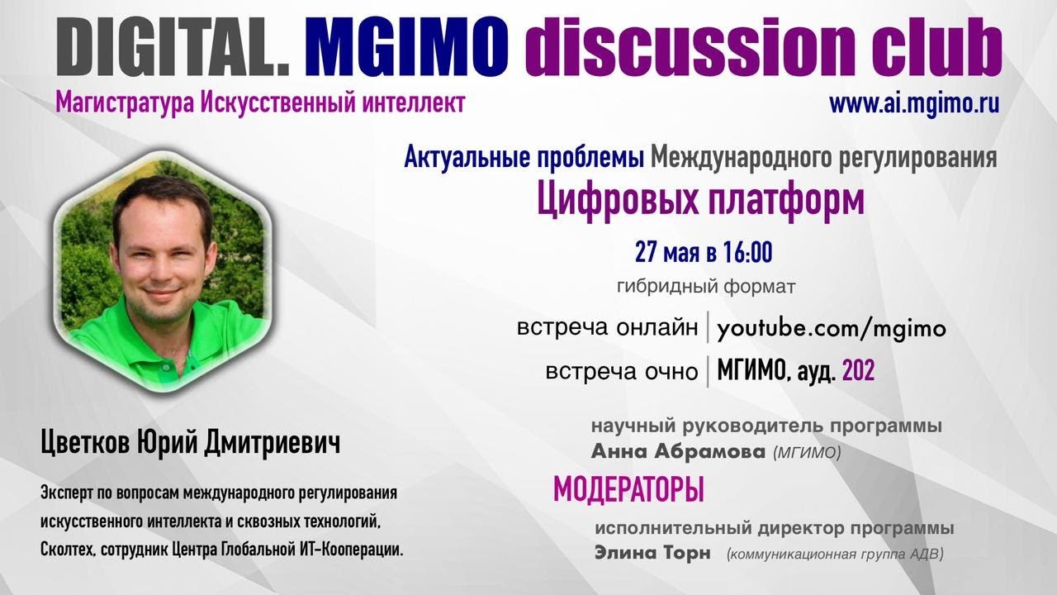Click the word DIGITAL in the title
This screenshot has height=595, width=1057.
173,46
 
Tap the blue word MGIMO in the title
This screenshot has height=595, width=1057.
407,46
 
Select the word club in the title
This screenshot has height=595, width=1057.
936,46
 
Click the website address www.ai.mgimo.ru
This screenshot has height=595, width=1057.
914,104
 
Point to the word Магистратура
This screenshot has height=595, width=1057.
125,103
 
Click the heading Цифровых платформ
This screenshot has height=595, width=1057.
701,200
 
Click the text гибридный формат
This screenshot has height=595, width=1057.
706,286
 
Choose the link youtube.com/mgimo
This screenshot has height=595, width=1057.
832,329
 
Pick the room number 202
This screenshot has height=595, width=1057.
858,370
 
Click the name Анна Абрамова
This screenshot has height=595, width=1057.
678,452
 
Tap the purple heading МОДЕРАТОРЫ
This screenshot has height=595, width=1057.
628,490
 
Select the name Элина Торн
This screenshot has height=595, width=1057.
652,553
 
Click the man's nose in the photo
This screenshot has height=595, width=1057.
159,267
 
